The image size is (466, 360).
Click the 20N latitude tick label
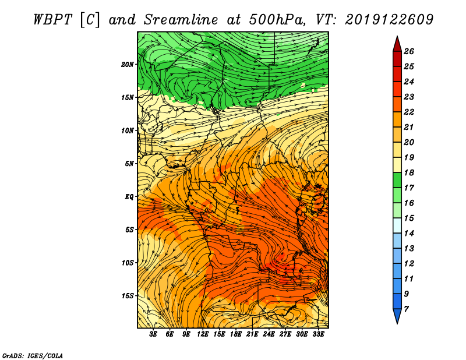(x=128, y=64)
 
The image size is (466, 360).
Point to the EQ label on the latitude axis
(x=129, y=196)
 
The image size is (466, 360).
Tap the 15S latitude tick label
(x=128, y=296)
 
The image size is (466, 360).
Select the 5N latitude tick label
(x=129, y=164)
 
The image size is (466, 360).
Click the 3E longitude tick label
(x=153, y=334)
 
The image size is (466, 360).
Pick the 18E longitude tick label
(x=236, y=334)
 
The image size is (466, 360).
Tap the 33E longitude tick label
(x=318, y=334)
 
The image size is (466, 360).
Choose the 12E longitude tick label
(x=203, y=334)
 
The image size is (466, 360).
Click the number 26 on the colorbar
(x=409, y=51)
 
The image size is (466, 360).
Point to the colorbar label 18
(x=409, y=172)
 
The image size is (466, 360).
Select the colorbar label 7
(x=406, y=309)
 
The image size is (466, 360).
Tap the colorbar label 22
(x=409, y=112)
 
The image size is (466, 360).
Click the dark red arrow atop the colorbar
(x=397, y=45)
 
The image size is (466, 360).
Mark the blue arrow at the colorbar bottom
(x=397, y=315)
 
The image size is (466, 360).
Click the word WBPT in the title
(x=52, y=20)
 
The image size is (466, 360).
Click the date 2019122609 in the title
(x=389, y=20)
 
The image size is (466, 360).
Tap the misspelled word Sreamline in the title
(x=181, y=20)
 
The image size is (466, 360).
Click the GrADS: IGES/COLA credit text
(x=33, y=356)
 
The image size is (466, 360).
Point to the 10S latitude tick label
(x=128, y=263)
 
